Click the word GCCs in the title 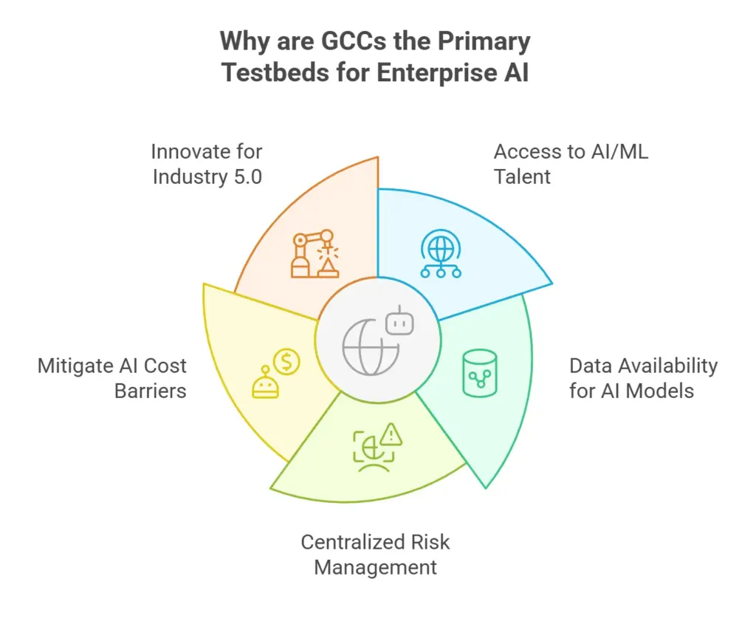(x=354, y=41)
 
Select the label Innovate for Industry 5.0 (x=207, y=164)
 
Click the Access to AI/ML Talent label (x=571, y=164)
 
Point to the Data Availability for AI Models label (x=643, y=378)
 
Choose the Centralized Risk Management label (x=375, y=555)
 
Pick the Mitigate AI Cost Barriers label (x=112, y=378)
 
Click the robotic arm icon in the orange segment (x=315, y=254)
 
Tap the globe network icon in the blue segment (x=441, y=254)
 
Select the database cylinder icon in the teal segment (x=480, y=373)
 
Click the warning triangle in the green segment (x=391, y=434)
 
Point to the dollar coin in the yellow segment (x=286, y=361)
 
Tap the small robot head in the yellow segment (x=265, y=383)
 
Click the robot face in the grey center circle (x=399, y=321)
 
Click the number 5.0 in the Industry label (x=248, y=177)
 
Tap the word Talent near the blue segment (x=522, y=177)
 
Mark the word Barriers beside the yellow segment (x=151, y=391)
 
